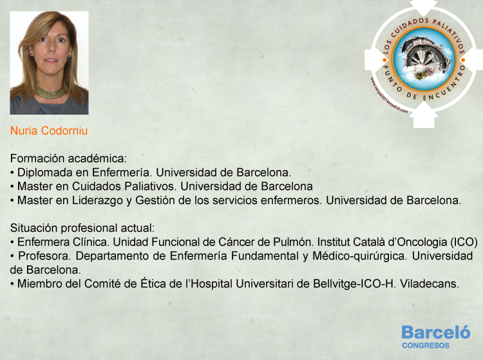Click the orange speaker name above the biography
tap(49, 131)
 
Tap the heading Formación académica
tap(68, 158)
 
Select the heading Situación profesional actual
tap(82, 228)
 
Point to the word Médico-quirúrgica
tap(359, 256)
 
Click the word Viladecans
tap(430, 283)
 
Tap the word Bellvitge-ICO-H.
tap(355, 283)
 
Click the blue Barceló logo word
tap(436, 332)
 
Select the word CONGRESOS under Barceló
tap(426, 346)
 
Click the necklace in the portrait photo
tap(50, 93)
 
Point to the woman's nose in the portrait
tap(51, 48)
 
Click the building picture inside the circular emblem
tap(424, 59)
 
